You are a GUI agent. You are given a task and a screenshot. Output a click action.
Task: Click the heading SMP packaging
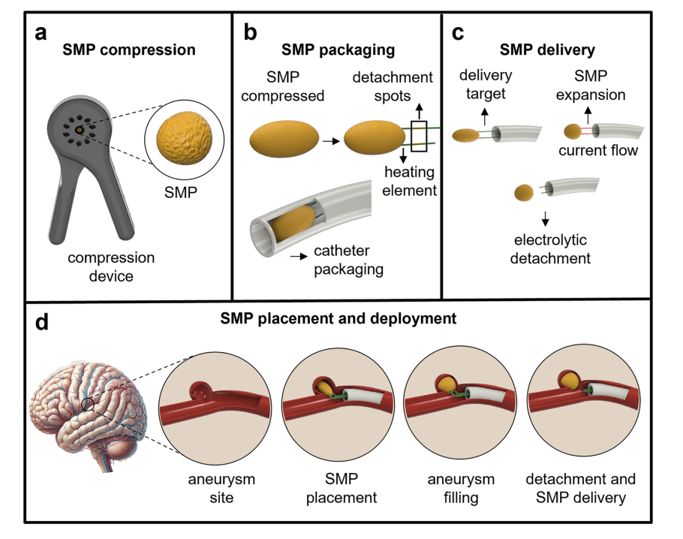click(x=338, y=50)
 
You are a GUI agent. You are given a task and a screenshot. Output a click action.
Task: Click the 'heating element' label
click(x=410, y=180)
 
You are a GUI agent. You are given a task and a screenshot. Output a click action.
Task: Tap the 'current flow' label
click(x=598, y=152)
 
